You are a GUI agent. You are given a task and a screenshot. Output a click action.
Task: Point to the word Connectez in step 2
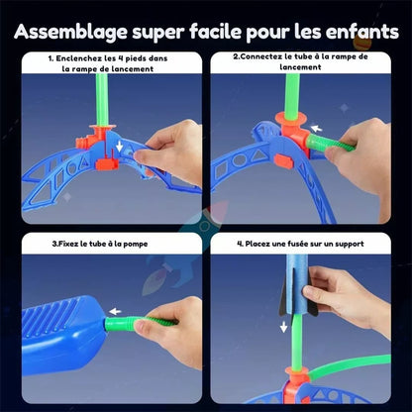click(x=269, y=58)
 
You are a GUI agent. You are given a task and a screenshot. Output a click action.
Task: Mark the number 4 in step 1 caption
click(x=134, y=58)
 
